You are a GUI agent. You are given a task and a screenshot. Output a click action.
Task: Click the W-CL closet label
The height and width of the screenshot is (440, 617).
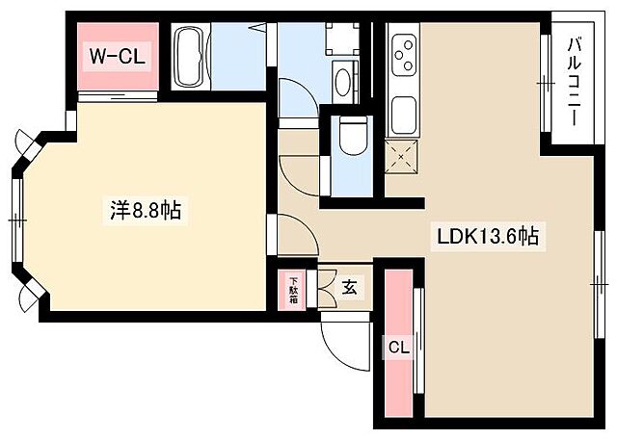point(117,57)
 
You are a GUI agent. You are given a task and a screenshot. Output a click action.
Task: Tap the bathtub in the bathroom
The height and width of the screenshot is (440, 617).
point(189,57)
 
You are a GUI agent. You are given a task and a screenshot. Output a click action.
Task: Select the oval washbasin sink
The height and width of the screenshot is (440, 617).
point(342,83)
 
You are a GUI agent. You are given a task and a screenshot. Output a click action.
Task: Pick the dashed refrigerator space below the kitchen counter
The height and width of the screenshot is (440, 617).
point(402,154)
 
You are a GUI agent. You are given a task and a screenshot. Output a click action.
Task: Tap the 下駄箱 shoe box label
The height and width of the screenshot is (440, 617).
point(292,288)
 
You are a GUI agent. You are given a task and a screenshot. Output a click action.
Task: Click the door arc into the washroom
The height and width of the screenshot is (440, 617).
point(296,100)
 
